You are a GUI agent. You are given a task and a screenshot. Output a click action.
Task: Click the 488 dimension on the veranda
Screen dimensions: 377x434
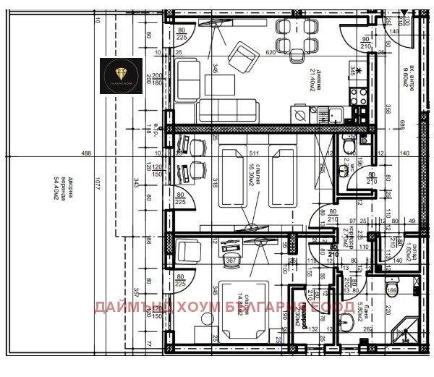point(86,153)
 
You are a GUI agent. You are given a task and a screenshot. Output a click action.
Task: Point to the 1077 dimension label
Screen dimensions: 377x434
point(95,185)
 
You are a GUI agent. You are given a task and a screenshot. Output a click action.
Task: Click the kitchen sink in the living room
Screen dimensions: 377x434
point(335,113)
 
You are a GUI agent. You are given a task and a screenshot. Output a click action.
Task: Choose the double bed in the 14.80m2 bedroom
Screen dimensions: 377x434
point(243,310)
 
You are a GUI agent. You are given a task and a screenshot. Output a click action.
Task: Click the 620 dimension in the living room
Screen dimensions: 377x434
point(271,54)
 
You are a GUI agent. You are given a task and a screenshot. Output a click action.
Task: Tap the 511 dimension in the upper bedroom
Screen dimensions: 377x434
point(254,153)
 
